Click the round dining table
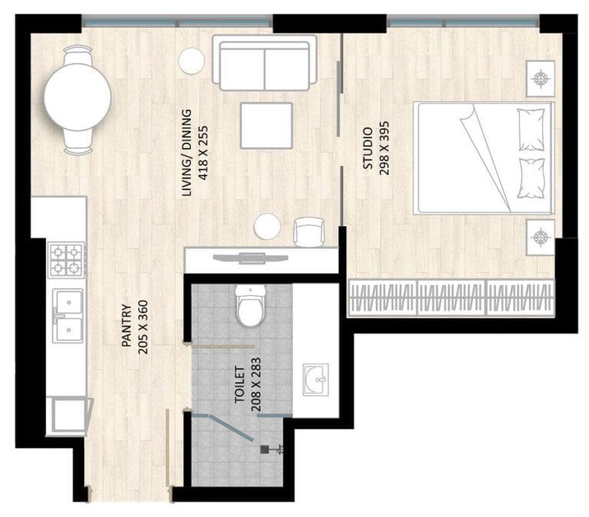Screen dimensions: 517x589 click(77, 100)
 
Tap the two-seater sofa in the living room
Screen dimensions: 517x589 click(264, 64)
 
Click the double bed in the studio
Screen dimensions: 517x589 click(483, 158)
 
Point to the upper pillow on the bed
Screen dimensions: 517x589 click(531, 130)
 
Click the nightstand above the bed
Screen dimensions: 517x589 click(541, 79)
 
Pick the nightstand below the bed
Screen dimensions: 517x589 click(541, 235)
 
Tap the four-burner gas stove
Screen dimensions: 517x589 click(66, 259)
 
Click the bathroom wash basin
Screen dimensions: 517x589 click(316, 379)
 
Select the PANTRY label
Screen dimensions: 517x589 click(127, 325)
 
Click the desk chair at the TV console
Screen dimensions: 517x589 click(308, 231)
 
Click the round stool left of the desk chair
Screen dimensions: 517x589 click(268, 226)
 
